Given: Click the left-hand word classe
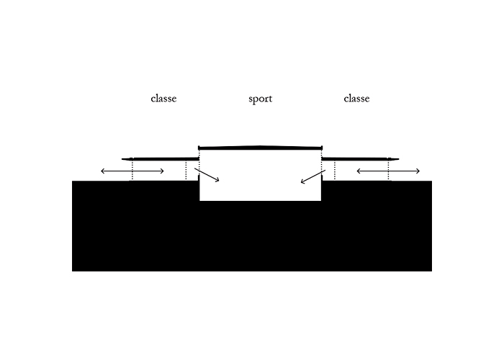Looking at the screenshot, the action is pyautogui.click(x=163, y=99).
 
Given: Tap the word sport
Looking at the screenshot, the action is pyautogui.click(x=261, y=99).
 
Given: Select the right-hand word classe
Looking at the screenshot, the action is pyautogui.click(x=356, y=99).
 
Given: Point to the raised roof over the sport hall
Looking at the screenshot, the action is pyautogui.click(x=261, y=148).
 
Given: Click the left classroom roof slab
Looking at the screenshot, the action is pyautogui.click(x=161, y=159).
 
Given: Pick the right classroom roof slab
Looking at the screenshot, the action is pyautogui.click(x=360, y=159).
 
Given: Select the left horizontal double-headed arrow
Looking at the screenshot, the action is pyautogui.click(x=132, y=171).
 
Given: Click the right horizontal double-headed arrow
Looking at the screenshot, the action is pyautogui.click(x=388, y=171).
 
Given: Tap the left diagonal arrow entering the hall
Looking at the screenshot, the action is pyautogui.click(x=207, y=175).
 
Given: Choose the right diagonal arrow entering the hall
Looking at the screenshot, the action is pyautogui.click(x=313, y=177).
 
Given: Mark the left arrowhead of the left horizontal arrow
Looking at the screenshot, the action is pyautogui.click(x=103, y=171).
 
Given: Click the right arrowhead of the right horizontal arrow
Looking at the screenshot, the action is pyautogui.click(x=418, y=171).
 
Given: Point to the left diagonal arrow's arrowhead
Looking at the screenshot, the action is pyautogui.click(x=217, y=180).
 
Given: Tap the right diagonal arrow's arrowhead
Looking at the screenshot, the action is pyautogui.click(x=302, y=182).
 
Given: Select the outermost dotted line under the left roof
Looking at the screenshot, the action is pyautogui.click(x=132, y=171).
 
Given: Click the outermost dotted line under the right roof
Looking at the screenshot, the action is pyautogui.click(x=388, y=171).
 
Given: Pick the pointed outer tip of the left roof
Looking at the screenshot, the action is pyautogui.click(x=122, y=159).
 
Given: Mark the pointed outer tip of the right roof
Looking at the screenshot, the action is pyautogui.click(x=399, y=159).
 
